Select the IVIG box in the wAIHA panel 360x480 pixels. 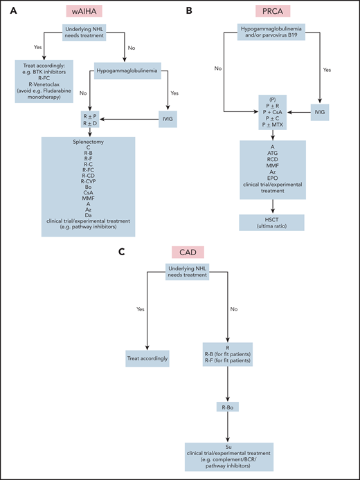pyautogui.click(x=171, y=117)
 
